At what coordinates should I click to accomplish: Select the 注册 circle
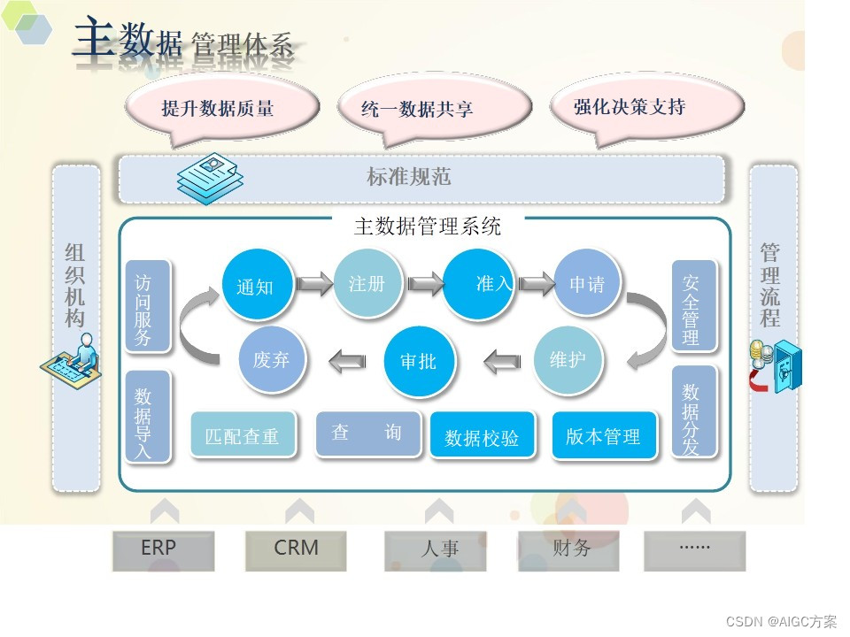366,283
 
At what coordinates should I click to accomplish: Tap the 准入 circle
479,284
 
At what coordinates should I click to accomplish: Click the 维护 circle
568,360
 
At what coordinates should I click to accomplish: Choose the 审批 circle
418,361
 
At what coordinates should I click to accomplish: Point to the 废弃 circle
271,360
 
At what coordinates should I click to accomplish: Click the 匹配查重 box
242,436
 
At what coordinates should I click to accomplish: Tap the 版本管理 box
604,436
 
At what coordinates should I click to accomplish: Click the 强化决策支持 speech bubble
630,108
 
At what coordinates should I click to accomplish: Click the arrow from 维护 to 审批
502,360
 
